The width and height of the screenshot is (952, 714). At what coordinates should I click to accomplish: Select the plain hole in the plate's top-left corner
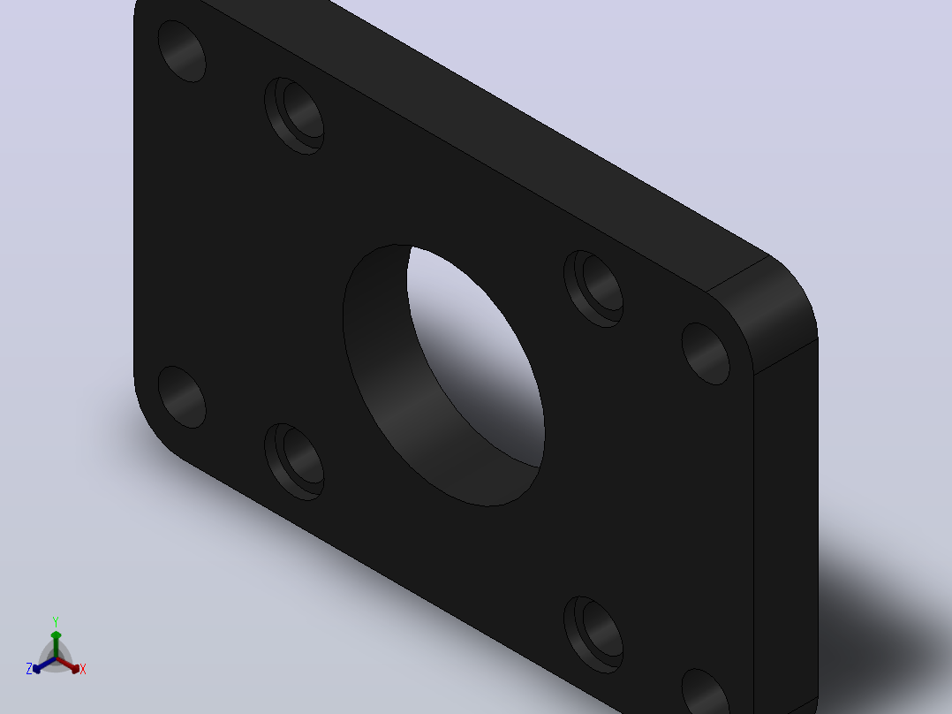pyautogui.click(x=182, y=51)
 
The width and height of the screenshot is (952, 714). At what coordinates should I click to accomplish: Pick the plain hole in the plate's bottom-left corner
pyautogui.click(x=182, y=397)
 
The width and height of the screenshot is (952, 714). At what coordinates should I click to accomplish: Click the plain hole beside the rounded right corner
pyautogui.click(x=706, y=353)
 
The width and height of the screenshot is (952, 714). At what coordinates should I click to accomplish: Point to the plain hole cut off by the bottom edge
pyautogui.click(x=706, y=692)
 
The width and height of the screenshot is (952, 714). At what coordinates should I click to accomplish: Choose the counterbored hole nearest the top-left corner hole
pyautogui.click(x=294, y=116)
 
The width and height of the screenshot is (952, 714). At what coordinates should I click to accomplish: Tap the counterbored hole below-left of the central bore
pyautogui.click(x=294, y=462)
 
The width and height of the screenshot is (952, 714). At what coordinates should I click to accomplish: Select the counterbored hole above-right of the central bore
pyautogui.click(x=593, y=289)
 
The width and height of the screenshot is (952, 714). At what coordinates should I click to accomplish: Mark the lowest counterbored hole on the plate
pyautogui.click(x=593, y=635)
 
